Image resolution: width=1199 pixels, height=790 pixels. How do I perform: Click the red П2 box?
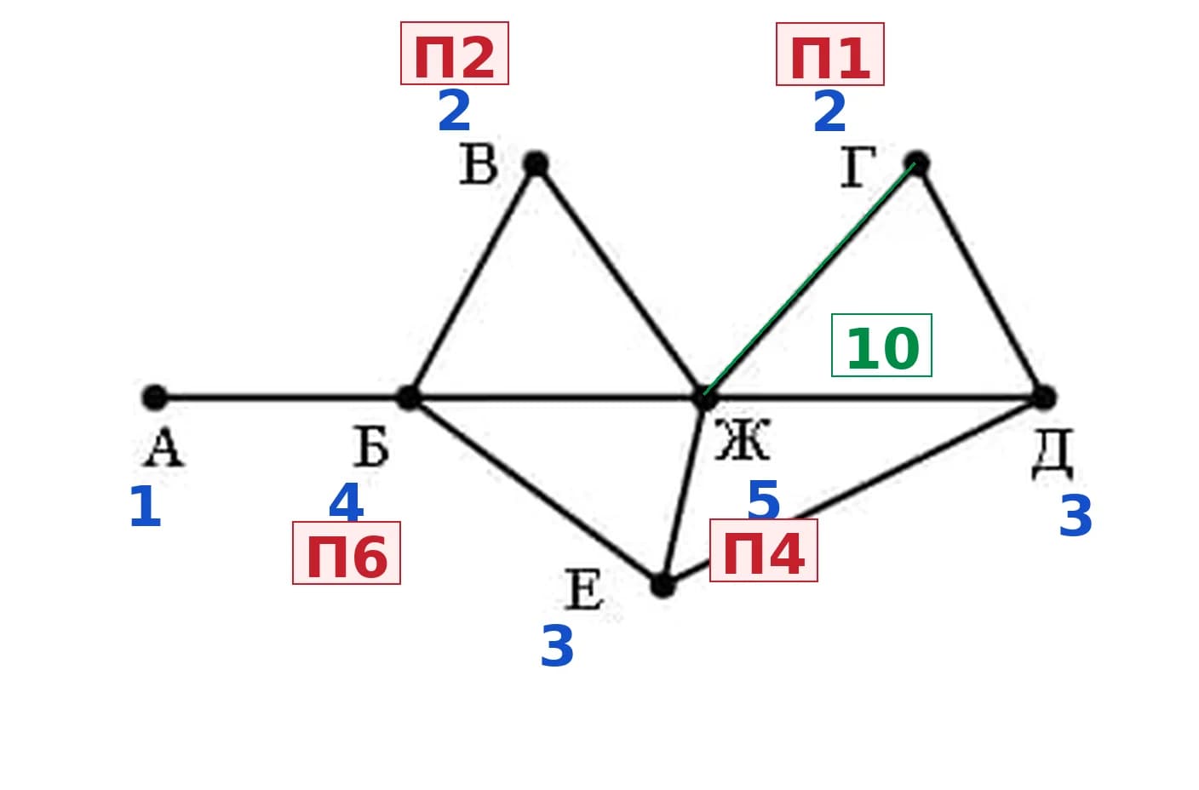455,53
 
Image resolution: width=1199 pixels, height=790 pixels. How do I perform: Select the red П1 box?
830,54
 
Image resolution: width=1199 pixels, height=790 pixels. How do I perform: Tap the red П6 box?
347,552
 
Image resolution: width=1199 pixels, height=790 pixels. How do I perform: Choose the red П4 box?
764,550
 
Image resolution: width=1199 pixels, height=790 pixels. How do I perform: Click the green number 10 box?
881,346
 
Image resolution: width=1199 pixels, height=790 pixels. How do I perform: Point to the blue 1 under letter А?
146,507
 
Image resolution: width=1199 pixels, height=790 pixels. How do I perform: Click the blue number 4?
347,502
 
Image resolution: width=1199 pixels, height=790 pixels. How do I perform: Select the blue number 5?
763,500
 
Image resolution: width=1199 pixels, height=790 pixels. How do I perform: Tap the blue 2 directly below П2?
455,111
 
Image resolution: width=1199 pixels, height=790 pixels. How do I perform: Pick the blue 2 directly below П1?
830,112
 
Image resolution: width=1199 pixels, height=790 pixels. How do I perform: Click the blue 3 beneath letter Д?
1076,515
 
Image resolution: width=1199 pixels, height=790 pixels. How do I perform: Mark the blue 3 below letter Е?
557,646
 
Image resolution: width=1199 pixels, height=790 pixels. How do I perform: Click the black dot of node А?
155,398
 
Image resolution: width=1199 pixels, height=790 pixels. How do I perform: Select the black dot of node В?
536,163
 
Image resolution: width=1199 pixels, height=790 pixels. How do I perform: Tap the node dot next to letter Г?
916,163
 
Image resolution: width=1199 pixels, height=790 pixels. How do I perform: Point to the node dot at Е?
663,586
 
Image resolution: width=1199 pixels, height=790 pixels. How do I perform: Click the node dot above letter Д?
1043,398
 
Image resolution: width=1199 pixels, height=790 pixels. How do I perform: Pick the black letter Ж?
743,440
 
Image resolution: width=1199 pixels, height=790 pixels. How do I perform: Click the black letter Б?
371,447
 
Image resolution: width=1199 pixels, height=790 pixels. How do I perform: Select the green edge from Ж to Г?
809,279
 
